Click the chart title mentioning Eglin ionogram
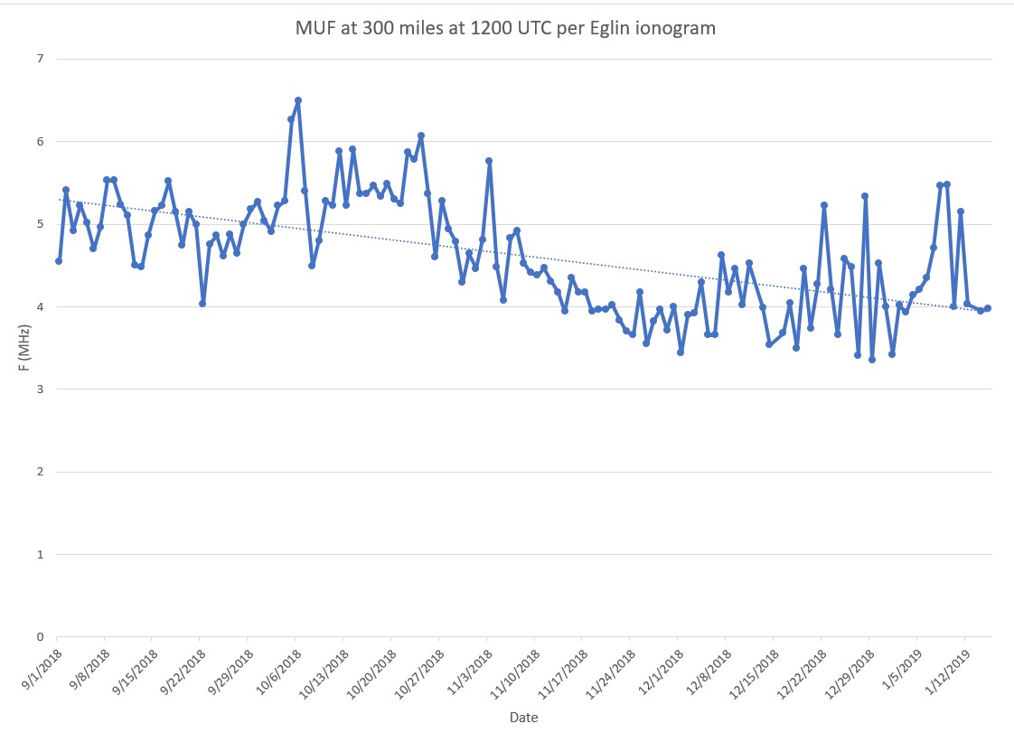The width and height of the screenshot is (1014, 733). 505,28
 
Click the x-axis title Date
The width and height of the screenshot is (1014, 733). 524,717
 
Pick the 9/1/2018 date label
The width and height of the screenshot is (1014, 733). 41,664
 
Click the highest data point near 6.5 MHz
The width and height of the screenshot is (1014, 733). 298,100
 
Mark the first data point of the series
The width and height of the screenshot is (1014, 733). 59,261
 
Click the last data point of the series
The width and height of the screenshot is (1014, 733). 988,308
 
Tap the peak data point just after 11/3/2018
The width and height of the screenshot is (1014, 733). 489,161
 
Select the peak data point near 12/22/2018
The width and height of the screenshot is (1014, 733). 824,205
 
